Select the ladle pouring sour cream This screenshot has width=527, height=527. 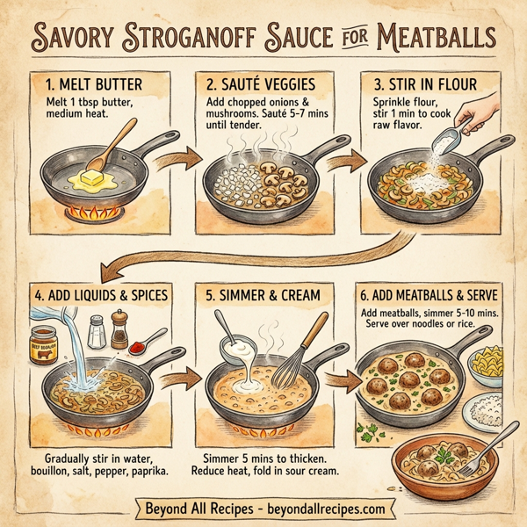[x=232, y=350]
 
